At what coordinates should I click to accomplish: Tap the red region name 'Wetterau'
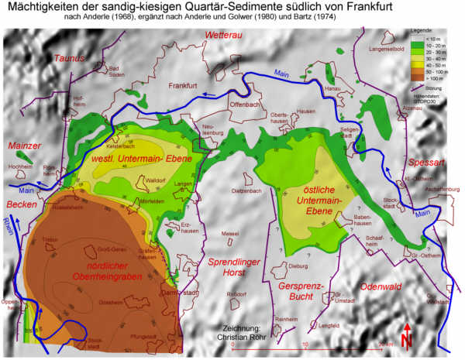(x=225, y=36)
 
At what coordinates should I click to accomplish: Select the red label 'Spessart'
(x=425, y=164)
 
